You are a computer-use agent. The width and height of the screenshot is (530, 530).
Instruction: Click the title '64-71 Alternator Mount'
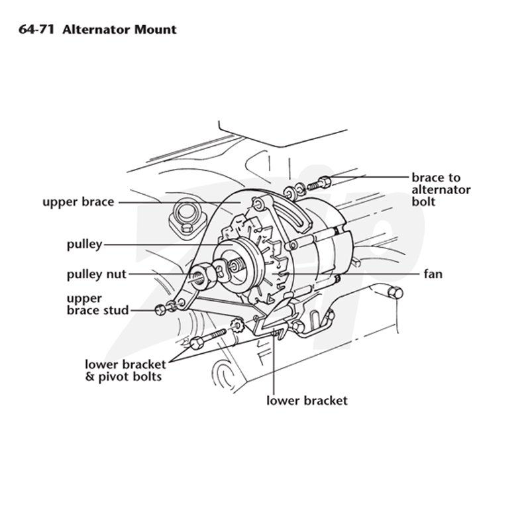pyautogui.click(x=97, y=29)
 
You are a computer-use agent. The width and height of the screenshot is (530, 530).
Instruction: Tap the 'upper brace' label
pyautogui.click(x=78, y=202)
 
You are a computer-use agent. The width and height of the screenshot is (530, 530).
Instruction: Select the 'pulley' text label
pyautogui.click(x=85, y=244)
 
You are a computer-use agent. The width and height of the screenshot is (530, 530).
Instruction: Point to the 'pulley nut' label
pyautogui.click(x=97, y=274)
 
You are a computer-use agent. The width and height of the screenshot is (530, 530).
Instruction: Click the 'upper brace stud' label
pyautogui.click(x=97, y=304)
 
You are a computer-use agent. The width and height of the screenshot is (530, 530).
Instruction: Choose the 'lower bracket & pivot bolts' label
pyautogui.click(x=125, y=370)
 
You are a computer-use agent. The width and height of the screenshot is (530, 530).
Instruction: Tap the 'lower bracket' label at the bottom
pyautogui.click(x=307, y=401)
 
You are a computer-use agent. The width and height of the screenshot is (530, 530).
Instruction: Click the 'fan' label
pyautogui.click(x=433, y=274)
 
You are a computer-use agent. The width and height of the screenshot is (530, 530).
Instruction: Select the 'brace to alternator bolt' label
pyautogui.click(x=441, y=189)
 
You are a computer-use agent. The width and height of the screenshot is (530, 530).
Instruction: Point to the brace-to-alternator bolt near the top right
pyautogui.click(x=319, y=183)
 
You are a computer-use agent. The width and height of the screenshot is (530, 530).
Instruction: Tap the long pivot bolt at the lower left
pyautogui.click(x=207, y=339)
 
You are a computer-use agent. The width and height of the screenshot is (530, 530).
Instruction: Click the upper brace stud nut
pyautogui.click(x=160, y=309)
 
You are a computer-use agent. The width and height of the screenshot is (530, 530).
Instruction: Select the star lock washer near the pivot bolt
pyautogui.click(x=237, y=326)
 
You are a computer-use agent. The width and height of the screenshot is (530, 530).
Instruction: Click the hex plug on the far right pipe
pyautogui.click(x=395, y=293)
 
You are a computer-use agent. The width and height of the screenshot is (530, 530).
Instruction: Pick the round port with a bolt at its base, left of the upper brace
pyautogui.click(x=185, y=217)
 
